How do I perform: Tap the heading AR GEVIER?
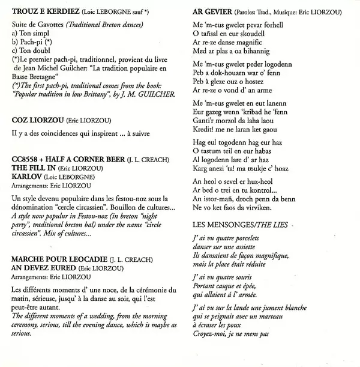tap(210, 11)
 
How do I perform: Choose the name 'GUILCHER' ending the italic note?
tap(157, 95)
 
